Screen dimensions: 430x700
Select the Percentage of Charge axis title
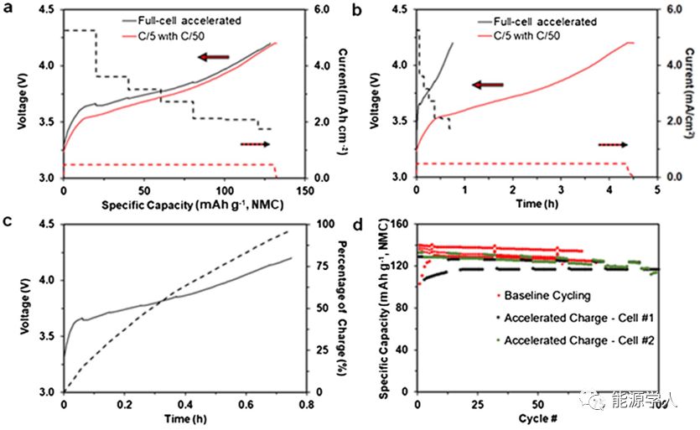coord(345,307)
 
